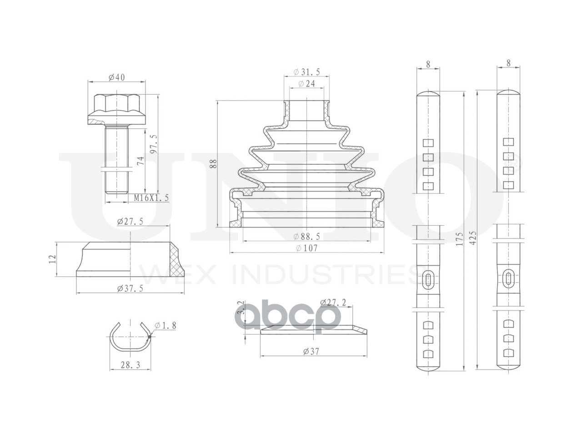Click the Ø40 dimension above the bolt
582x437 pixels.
tap(117, 77)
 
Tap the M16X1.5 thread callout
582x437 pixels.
tap(151, 198)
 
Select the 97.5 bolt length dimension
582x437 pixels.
tap(153, 144)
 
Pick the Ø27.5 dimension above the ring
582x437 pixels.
tap(130, 222)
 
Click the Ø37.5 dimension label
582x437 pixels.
tap(130, 288)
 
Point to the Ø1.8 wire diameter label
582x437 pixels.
tap(165, 325)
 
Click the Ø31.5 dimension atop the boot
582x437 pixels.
tap(307, 72)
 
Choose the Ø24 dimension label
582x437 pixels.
tap(307, 84)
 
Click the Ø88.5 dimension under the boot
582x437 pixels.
tap(307, 236)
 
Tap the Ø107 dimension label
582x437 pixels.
tap(307, 248)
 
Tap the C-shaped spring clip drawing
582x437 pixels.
tap(130, 337)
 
